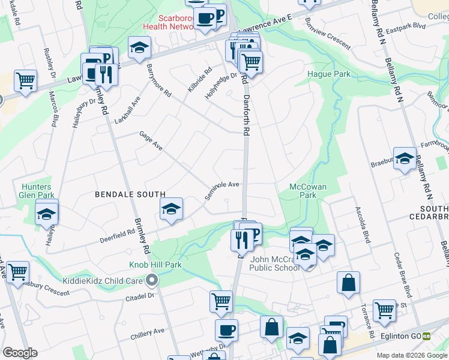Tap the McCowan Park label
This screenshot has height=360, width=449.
[x=307, y=191]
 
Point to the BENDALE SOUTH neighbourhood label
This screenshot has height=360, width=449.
[x=130, y=194]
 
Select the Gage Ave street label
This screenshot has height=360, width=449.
[x=151, y=142]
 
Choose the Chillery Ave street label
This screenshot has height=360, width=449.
[x=149, y=331]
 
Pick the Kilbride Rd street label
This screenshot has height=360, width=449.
[x=199, y=80]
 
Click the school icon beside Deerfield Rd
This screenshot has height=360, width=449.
[x=171, y=209]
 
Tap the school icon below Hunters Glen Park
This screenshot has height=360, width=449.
[x=46, y=214]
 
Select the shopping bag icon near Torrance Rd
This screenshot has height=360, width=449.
[x=348, y=282]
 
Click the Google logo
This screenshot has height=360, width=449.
[x=20, y=353]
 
